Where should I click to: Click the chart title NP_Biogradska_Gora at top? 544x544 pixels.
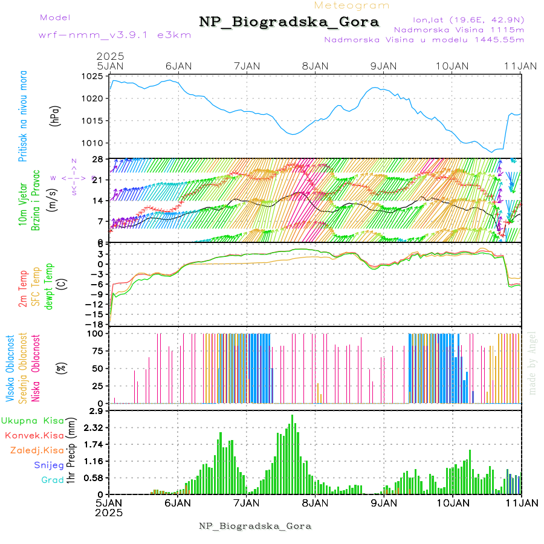[289, 22]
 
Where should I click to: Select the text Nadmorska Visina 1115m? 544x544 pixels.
[459, 29]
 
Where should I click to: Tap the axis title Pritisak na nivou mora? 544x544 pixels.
[23, 119]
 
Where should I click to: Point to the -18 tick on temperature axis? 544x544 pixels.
[96, 324]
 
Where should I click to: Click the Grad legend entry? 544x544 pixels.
[52, 481]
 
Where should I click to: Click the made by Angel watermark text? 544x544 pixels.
[533, 363]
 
